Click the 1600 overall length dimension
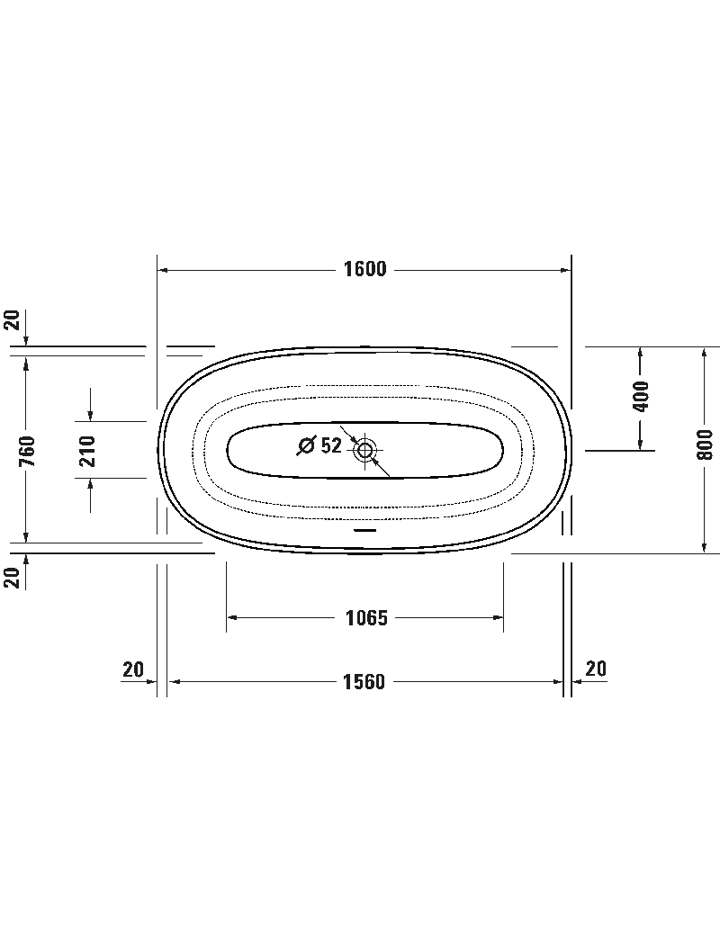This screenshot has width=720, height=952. [x=364, y=269]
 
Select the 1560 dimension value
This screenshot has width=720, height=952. [x=364, y=682]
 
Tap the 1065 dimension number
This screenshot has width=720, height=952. [x=366, y=618]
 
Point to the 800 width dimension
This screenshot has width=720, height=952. [x=705, y=444]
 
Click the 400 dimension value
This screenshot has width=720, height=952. [x=641, y=396]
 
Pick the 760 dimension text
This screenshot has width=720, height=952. [x=27, y=451]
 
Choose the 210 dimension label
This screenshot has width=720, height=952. [x=87, y=451]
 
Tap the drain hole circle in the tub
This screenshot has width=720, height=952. [x=364, y=450]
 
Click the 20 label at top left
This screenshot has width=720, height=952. [x=13, y=320]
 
